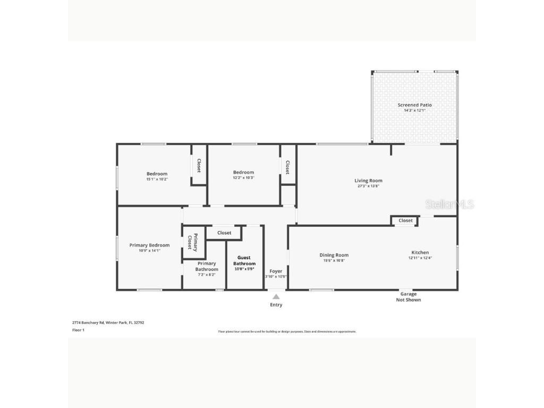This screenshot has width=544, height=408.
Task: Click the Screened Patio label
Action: pos(414,105)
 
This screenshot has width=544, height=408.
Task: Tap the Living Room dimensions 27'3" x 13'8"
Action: pos(368,186)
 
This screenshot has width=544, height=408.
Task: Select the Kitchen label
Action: pos(420,252)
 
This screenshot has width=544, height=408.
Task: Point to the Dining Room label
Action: pos(334,255)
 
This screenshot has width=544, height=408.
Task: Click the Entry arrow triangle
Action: pos(276,296)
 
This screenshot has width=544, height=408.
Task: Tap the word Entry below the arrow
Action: pos(276,305)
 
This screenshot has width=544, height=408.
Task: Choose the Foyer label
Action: pos(276,271)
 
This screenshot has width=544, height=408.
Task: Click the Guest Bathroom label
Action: pos(244,260)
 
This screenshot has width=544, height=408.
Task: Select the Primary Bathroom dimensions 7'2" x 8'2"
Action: pos(206,275)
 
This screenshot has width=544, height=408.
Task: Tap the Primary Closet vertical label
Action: pos(192,242)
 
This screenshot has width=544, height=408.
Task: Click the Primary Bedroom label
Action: pos(149,245)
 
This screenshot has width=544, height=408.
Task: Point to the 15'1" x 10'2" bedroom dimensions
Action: pos(157,180)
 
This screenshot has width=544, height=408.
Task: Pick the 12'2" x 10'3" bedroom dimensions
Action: pos(243,178)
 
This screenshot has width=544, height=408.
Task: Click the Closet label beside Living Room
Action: pos(405,220)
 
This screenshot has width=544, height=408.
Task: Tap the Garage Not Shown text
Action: pos(408,297)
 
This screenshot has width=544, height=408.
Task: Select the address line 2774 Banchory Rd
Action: pos(108,322)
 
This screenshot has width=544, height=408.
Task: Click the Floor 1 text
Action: pos(78,330)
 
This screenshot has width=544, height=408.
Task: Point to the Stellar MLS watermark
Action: pos(449,205)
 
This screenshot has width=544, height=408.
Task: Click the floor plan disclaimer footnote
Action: pos(287,331)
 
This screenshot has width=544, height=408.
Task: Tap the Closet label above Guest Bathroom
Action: pos(224,233)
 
